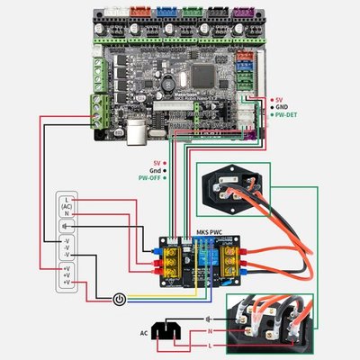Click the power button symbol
tap(119, 297)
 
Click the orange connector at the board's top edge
tap(142, 13)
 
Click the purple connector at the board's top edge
tap(242, 13)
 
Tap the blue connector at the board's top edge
tap(167, 13)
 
